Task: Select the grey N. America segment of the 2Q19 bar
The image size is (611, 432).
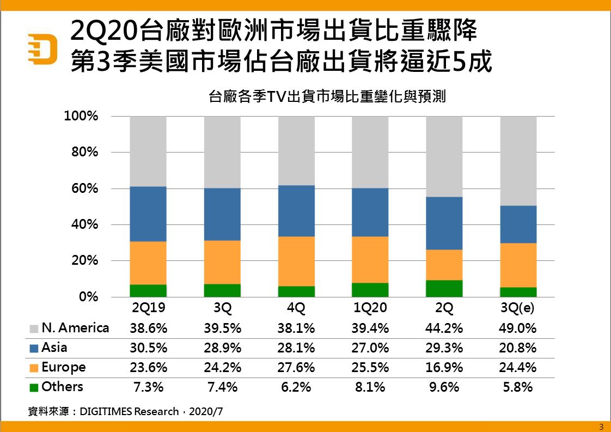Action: tap(148, 151)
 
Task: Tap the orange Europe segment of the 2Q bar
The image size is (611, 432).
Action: tap(444, 265)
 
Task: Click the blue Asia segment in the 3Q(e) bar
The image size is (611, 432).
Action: tap(518, 224)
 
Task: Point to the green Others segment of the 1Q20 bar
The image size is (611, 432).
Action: tap(370, 290)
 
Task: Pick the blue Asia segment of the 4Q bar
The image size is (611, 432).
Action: tap(296, 211)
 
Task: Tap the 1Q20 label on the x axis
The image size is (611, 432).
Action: tap(370, 308)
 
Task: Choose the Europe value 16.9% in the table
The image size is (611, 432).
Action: tap(444, 367)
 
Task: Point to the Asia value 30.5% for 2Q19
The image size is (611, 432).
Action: tap(148, 348)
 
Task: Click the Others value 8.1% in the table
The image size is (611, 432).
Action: tap(370, 387)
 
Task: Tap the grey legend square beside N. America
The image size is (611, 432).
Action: tap(33, 328)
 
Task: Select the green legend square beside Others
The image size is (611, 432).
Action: tap(33, 387)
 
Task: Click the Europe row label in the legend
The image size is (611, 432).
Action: tap(63, 367)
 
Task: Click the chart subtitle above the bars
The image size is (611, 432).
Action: tap(327, 97)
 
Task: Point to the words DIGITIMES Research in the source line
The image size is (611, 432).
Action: tap(129, 412)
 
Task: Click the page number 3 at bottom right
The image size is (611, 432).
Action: tap(601, 427)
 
